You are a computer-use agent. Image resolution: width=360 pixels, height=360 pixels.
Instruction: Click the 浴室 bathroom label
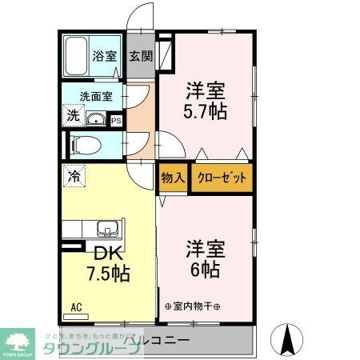106,57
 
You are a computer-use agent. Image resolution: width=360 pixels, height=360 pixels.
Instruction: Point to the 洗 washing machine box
73,115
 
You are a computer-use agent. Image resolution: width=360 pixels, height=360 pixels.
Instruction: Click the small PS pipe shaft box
116,122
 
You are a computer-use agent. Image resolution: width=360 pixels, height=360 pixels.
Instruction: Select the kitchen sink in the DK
107,229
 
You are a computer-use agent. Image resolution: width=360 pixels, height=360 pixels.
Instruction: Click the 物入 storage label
173,178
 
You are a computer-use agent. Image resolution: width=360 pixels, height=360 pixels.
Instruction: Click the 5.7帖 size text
206,111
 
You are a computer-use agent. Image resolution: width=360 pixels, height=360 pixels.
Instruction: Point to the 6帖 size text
206,270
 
